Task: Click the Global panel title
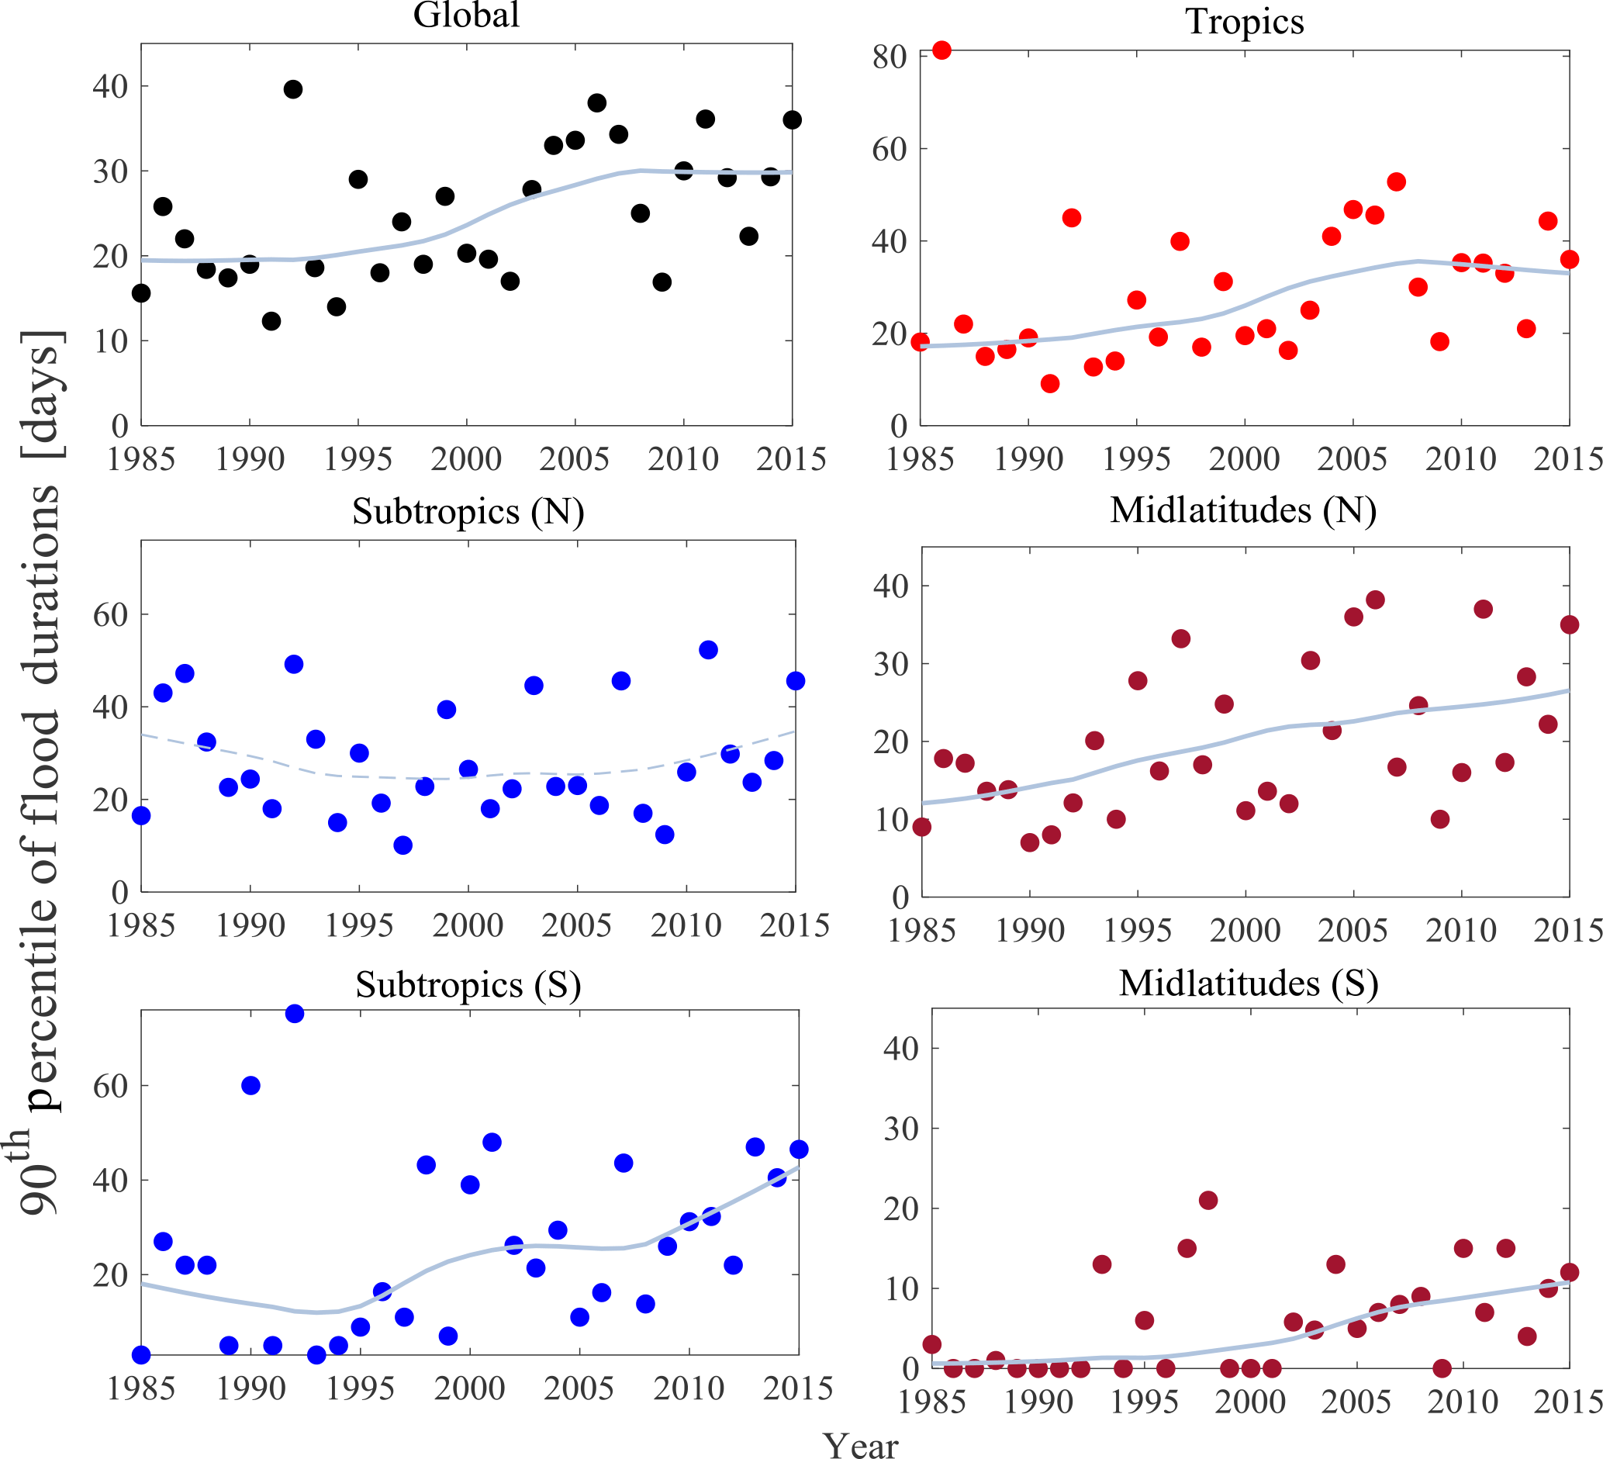tap(466, 16)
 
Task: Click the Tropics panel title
tap(1245, 22)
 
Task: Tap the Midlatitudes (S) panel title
tap(1249, 984)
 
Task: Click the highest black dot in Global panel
tap(292, 89)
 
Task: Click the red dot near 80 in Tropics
tap(941, 50)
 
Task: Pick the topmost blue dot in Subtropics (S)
tap(294, 1014)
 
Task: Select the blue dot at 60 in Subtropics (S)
tap(250, 1085)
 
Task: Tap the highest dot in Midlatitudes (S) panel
tap(1207, 1201)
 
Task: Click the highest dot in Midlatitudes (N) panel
tap(1375, 600)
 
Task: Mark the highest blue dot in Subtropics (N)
tap(708, 649)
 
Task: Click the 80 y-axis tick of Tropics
tap(889, 57)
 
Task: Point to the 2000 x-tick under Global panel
tap(466, 459)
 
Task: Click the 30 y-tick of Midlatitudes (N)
tap(890, 664)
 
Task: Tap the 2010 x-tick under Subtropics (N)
tap(686, 925)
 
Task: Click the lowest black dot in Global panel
tap(271, 321)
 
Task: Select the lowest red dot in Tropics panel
tap(1049, 383)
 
